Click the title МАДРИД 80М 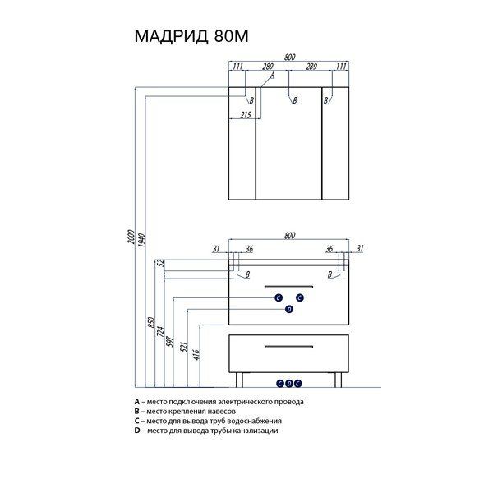[191, 36]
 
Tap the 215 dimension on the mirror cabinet [246, 115]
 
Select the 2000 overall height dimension [131, 237]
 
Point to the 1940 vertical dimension [142, 240]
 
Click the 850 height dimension [151, 323]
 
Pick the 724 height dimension [161, 331]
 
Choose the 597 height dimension [169, 342]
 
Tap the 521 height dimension [184, 347]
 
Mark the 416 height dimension [196, 355]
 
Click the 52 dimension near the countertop [160, 263]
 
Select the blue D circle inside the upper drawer [289, 310]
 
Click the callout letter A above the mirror [273, 75]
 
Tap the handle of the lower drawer [288, 347]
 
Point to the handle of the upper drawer [288, 287]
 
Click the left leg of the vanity [240, 380]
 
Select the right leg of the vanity [338, 380]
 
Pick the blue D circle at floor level [289, 384]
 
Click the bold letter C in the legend [136, 421]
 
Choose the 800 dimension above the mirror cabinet [289, 58]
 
